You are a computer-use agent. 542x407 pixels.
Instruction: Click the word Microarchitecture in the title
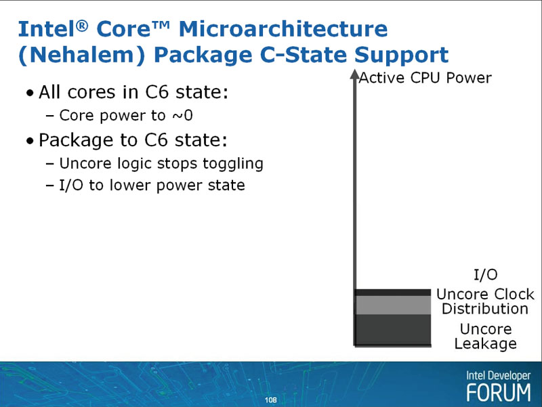(283, 28)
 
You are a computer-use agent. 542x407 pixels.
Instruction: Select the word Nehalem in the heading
(81, 55)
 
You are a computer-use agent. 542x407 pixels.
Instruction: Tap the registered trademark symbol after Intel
(82, 26)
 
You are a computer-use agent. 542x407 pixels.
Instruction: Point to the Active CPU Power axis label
(425, 78)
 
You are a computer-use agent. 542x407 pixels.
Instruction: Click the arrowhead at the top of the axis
(354, 74)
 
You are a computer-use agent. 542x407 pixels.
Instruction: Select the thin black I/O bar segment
(393, 293)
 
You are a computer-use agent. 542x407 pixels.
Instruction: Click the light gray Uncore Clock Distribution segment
(393, 305)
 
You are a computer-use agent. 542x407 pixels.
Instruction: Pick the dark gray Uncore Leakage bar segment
(393, 329)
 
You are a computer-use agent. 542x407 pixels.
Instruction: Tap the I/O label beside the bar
(485, 275)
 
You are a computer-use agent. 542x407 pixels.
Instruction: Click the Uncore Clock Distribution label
(485, 301)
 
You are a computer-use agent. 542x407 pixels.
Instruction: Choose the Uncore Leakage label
(485, 336)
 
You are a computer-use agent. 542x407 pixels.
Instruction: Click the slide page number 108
(270, 400)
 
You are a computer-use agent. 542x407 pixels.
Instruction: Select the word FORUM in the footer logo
(499, 393)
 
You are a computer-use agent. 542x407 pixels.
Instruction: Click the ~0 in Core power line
(182, 115)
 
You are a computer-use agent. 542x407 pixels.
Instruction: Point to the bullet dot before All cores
(30, 93)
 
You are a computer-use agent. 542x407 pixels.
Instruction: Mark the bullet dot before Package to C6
(30, 142)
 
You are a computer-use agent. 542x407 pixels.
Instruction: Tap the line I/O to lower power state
(152, 185)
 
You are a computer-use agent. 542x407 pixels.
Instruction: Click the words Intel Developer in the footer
(498, 376)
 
